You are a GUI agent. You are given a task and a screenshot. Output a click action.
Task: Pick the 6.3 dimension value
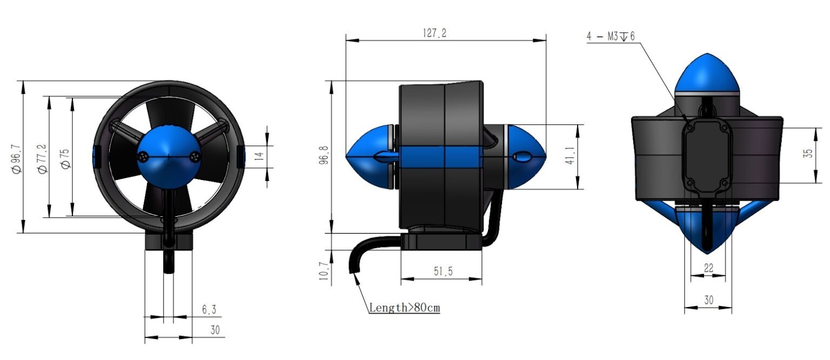[209, 310]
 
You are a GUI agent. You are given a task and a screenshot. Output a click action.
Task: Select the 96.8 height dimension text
[324, 157]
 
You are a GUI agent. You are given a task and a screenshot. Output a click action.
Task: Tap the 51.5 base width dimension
[442, 272]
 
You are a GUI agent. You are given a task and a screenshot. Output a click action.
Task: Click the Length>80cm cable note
[404, 308]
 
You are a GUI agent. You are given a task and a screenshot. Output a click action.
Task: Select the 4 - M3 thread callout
[611, 36]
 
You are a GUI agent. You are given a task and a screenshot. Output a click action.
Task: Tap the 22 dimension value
[708, 268]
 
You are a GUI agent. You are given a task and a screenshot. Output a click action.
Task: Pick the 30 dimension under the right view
[708, 299]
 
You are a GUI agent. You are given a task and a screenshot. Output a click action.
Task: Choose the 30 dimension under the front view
[215, 330]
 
